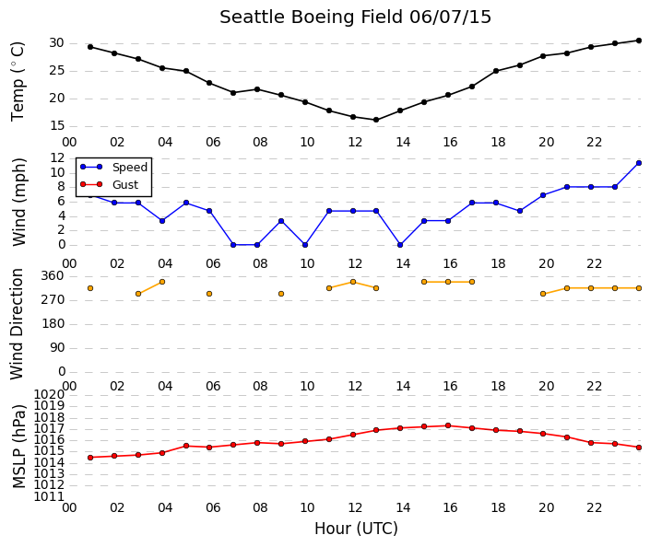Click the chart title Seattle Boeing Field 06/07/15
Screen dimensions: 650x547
[x=355, y=17]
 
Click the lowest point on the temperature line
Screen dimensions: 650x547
[x=376, y=120]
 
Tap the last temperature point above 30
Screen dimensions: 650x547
[x=638, y=41]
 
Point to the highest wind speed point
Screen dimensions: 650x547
[x=638, y=163]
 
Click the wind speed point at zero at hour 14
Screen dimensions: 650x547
[x=400, y=245]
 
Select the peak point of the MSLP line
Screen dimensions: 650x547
[x=448, y=425]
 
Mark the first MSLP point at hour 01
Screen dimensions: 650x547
[x=90, y=458]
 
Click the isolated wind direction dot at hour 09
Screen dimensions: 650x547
[x=281, y=294]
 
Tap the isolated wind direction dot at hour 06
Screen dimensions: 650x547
[x=209, y=294]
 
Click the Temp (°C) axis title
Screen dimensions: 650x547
[x=18, y=82]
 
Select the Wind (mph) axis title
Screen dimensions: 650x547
[x=18, y=202]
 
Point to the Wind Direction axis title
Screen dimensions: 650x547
[x=17, y=324]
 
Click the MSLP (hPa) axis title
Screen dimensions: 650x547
[x=18, y=446]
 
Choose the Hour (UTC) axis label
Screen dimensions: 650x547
[x=356, y=529]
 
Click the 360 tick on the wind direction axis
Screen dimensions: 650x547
[x=53, y=275]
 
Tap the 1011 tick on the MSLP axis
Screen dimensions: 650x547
[x=49, y=496]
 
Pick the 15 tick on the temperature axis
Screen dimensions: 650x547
[x=57, y=126]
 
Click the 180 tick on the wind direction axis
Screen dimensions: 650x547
[x=53, y=323]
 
